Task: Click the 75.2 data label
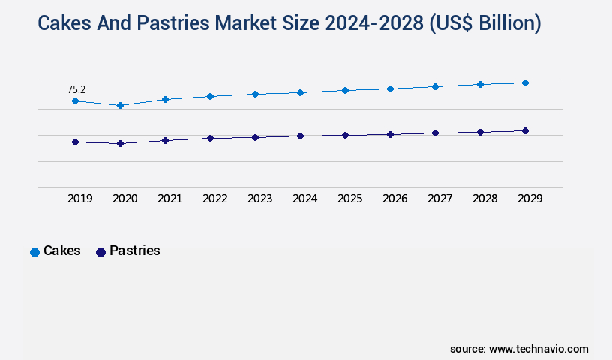76,89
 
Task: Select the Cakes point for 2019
75,100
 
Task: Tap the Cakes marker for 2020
120,105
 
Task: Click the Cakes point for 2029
525,82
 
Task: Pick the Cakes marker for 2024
300,92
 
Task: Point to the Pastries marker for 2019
75,142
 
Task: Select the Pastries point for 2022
210,138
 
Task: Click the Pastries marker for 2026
390,134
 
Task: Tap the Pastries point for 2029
525,130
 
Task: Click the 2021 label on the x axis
169,199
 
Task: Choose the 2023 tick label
259,199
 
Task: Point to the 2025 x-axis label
349,199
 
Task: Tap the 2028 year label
484,199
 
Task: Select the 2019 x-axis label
79,199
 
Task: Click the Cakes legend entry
55,251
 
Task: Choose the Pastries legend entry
127,251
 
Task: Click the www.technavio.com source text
538,349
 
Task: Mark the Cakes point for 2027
435,86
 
